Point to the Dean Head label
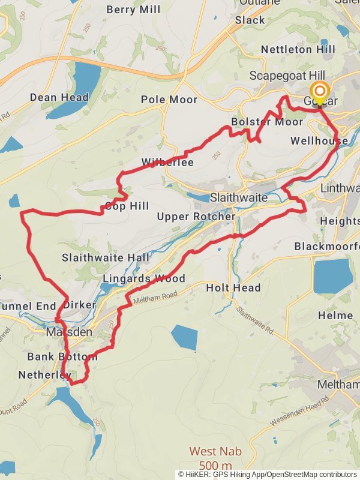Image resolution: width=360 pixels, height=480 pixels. [59, 97]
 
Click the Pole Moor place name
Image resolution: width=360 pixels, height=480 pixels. [169, 100]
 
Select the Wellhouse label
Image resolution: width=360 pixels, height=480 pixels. [319, 141]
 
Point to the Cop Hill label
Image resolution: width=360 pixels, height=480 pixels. [127, 206]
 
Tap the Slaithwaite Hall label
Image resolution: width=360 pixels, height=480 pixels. [106, 257]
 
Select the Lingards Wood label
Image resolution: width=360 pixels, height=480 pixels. [143, 278]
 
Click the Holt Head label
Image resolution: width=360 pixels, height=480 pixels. [233, 288]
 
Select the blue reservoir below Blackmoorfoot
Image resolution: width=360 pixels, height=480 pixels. [332, 275]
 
